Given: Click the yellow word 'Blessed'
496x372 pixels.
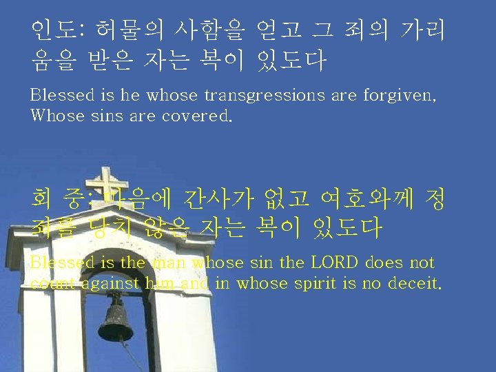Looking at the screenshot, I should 62,262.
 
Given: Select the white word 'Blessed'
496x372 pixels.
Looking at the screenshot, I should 62,95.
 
